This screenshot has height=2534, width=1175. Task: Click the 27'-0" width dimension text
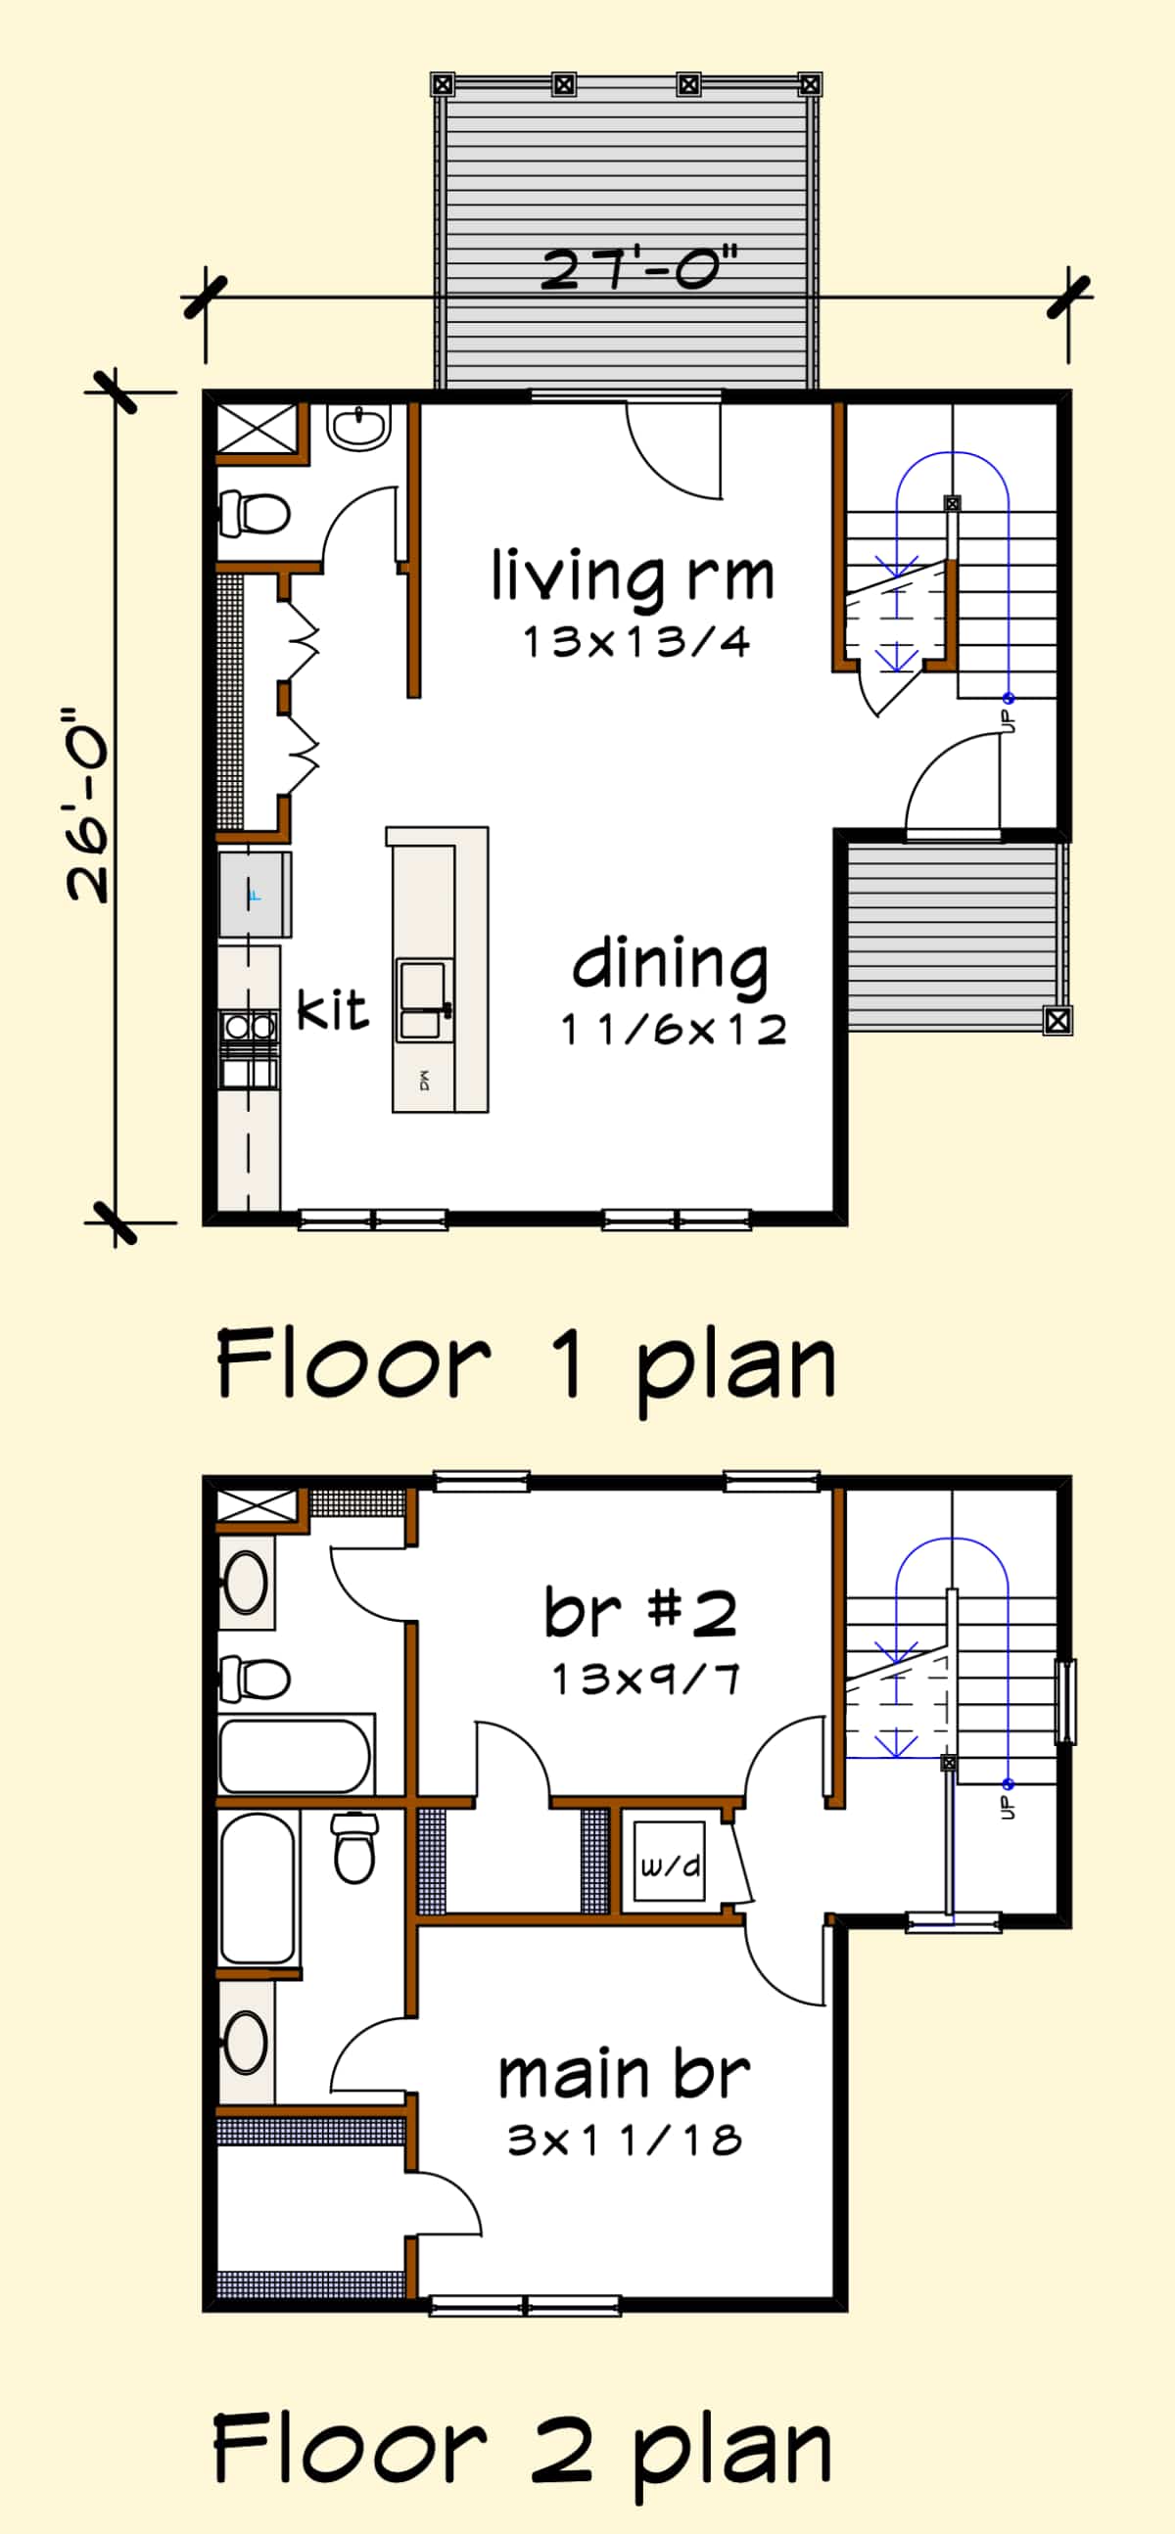[x=638, y=267]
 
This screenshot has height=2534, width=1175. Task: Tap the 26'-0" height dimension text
[x=86, y=804]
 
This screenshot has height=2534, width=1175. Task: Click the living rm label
[x=633, y=576]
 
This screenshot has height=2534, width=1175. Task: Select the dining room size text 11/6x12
[x=674, y=1030]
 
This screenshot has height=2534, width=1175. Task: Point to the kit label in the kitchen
[x=333, y=1009]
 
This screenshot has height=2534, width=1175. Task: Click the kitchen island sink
[x=424, y=999]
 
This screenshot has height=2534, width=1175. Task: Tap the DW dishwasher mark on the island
[x=424, y=1081]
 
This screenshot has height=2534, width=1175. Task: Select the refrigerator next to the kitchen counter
[x=254, y=896]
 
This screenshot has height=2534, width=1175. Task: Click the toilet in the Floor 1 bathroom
[x=254, y=514]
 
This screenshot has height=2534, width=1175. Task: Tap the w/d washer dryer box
[x=670, y=1866]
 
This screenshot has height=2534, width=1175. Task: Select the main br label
[x=625, y=2076]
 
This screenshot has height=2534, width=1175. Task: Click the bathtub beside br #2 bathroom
[x=293, y=1756]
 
